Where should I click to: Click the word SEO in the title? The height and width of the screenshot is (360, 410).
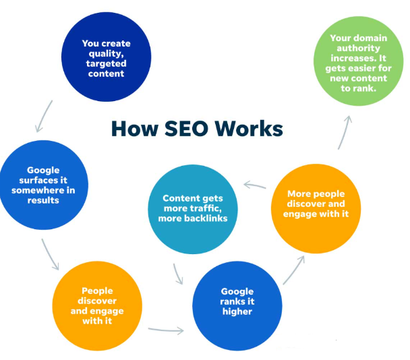[x=183, y=128]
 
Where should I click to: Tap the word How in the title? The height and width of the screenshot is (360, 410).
[x=131, y=128]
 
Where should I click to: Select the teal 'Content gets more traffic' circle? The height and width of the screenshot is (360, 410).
[x=195, y=208]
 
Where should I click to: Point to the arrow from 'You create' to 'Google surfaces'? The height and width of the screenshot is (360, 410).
[x=42, y=115]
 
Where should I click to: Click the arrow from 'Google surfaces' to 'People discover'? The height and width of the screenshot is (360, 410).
[x=48, y=253]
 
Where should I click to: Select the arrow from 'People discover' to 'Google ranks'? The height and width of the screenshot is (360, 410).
[x=165, y=330]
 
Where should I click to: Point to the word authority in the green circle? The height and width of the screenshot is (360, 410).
[x=359, y=48]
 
